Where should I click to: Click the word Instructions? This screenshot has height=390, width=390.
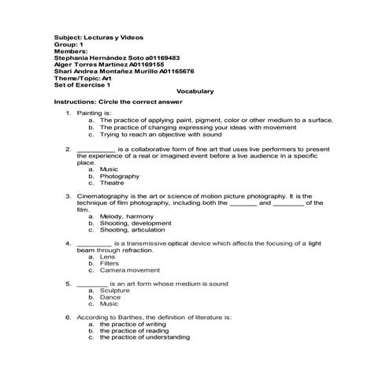click(x=72, y=102)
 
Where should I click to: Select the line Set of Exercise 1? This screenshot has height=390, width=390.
click(x=82, y=84)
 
